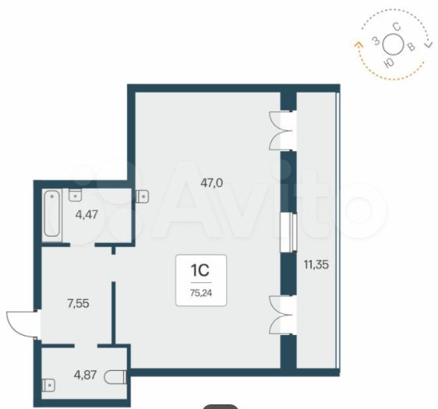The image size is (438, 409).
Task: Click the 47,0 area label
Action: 211,183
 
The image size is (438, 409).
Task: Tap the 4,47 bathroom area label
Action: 87,215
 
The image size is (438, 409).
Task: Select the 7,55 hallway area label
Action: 78,303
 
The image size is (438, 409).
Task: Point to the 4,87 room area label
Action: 85,375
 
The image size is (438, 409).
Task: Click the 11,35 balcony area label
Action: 316,264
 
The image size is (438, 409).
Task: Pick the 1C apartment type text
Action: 200,270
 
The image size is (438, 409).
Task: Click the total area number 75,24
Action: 201,293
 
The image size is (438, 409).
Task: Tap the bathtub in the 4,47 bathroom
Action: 52,213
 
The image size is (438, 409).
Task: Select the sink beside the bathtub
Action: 75,195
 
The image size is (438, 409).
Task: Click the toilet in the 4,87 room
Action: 115,376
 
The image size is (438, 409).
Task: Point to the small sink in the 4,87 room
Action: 48,386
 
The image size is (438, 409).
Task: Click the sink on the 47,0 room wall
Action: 142,196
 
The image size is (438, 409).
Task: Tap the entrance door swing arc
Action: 21,325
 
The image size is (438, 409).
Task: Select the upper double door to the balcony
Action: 281,131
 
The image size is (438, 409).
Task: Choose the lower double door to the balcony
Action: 281,315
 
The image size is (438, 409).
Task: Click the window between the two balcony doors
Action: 288,232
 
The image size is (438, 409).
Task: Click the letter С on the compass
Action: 397,27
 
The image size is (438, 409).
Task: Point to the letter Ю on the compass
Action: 389,63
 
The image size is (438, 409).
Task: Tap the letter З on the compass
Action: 376,41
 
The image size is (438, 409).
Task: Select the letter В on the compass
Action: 412,48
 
